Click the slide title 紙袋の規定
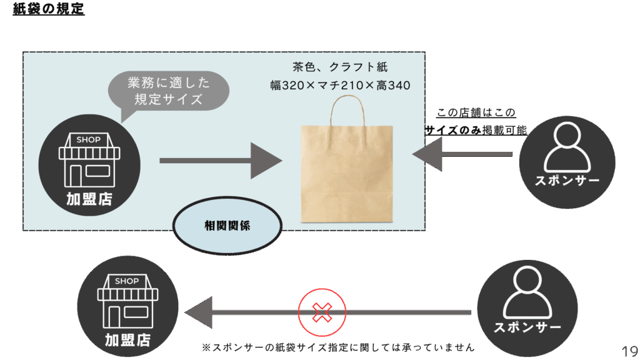click(x=49, y=9)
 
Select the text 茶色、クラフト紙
click(x=339, y=67)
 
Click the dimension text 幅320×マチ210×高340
click(x=340, y=85)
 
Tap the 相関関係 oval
click(x=227, y=226)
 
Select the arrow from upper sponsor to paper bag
click(x=462, y=154)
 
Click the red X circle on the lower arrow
click(x=322, y=312)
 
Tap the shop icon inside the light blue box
click(x=88, y=160)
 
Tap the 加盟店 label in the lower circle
click(x=127, y=340)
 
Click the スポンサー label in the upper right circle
click(x=567, y=181)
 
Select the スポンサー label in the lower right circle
click(x=527, y=327)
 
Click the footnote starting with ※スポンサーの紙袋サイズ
click(x=338, y=347)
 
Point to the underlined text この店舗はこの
click(x=476, y=113)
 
